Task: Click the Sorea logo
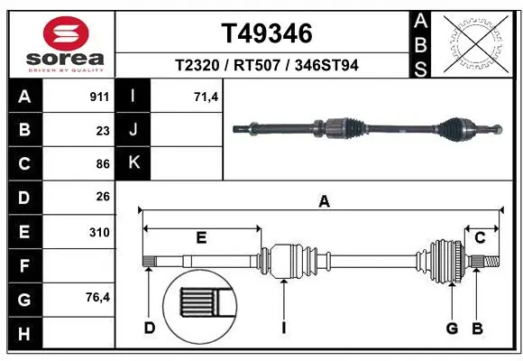pyautogui.click(x=59, y=42)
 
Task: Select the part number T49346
pyautogui.click(x=267, y=34)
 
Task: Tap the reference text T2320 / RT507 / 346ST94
pyautogui.click(x=267, y=66)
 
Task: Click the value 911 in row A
pyautogui.click(x=99, y=95)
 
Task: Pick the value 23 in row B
pyautogui.click(x=102, y=129)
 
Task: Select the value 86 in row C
pyautogui.click(x=102, y=163)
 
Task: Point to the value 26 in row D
pyautogui.click(x=102, y=197)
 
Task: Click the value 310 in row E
pyautogui.click(x=99, y=232)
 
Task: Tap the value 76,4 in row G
pyautogui.click(x=96, y=299)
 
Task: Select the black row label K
pyautogui.click(x=134, y=163)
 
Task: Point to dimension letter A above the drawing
pyautogui.click(x=324, y=203)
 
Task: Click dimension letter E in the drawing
pyautogui.click(x=201, y=238)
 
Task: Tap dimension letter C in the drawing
pyautogui.click(x=480, y=238)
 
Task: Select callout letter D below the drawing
pyautogui.click(x=150, y=328)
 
